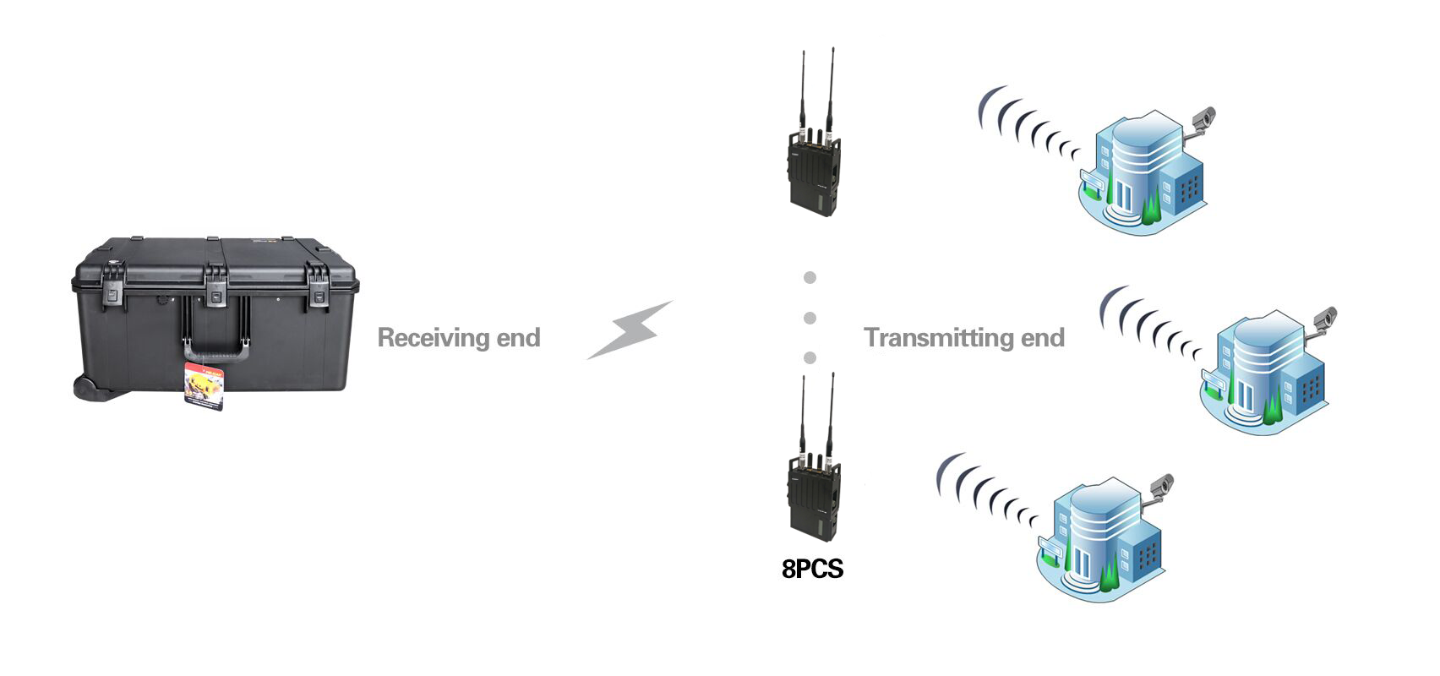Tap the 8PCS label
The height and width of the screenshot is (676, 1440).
coord(813,569)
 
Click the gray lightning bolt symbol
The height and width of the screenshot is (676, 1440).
coord(630,330)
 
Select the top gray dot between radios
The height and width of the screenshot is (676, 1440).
coord(810,278)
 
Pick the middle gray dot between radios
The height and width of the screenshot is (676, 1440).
coord(810,318)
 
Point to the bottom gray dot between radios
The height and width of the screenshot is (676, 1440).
coord(810,358)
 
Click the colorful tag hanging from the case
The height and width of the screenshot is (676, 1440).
coord(205,385)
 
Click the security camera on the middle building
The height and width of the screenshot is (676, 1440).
coord(1324,321)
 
